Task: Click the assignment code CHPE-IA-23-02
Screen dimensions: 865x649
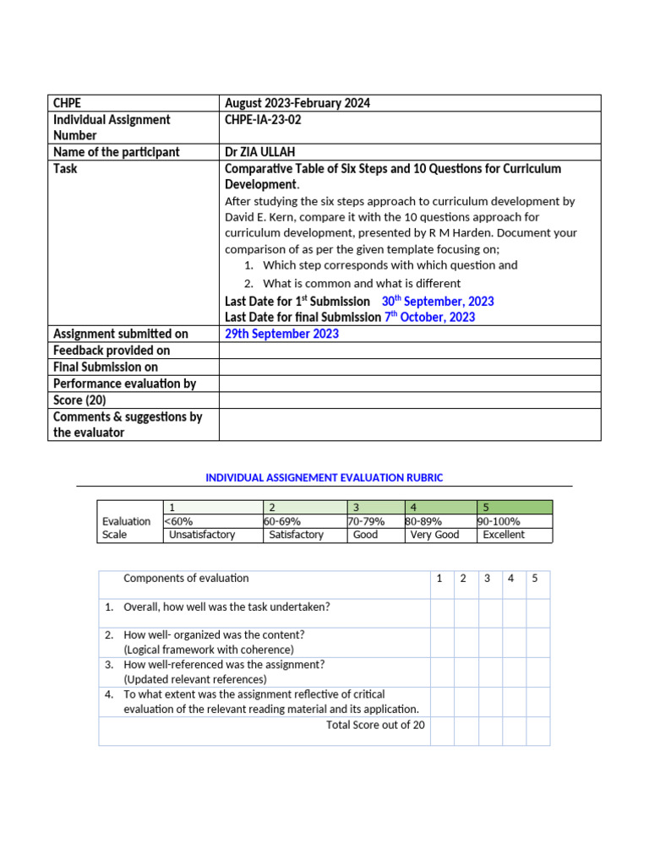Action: [x=263, y=120]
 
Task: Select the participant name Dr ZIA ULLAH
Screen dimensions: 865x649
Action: [x=260, y=152]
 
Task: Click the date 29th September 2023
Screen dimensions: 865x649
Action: [x=281, y=334]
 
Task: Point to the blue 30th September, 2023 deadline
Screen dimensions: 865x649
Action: [x=438, y=302]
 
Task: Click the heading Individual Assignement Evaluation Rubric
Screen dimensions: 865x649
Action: [x=324, y=478]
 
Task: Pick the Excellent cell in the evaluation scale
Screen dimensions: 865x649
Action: [x=504, y=535]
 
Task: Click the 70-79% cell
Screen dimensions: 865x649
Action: [x=366, y=521]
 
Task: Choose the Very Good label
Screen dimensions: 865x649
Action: [x=434, y=535]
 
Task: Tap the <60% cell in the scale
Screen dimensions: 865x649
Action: [x=178, y=521]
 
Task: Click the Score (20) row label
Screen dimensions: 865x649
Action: [x=79, y=400]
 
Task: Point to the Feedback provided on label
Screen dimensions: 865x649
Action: [x=111, y=351]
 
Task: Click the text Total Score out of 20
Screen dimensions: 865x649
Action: [x=375, y=725]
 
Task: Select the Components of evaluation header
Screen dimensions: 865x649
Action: [x=186, y=579]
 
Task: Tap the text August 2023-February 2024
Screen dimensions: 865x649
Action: [x=297, y=103]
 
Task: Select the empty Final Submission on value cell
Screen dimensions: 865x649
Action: [x=409, y=367]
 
